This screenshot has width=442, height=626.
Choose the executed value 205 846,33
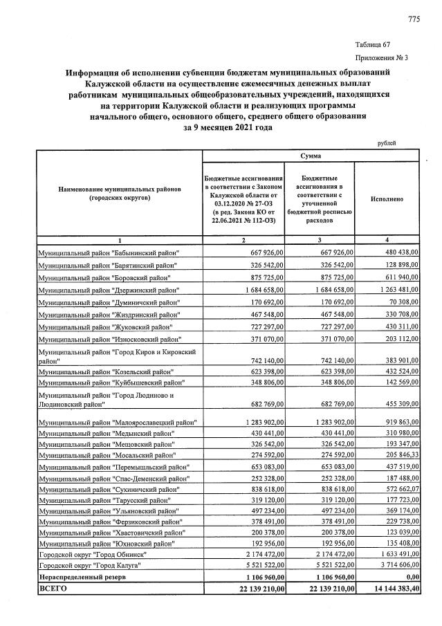click(393, 457)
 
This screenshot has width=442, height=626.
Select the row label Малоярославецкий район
click(118, 421)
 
